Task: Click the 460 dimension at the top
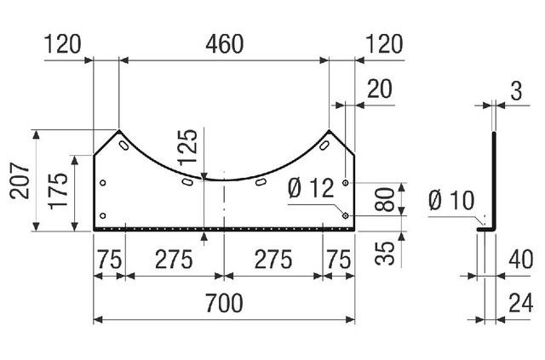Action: [x=225, y=44]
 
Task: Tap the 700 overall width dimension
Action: [x=224, y=303]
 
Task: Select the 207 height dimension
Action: [x=20, y=180]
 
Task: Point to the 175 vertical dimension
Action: [x=59, y=191]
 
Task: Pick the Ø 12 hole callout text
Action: [x=312, y=188]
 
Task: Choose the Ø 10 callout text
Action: [x=451, y=201]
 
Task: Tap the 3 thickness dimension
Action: [x=517, y=91]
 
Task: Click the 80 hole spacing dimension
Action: [x=385, y=199]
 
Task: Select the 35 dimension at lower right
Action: [x=385, y=253]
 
